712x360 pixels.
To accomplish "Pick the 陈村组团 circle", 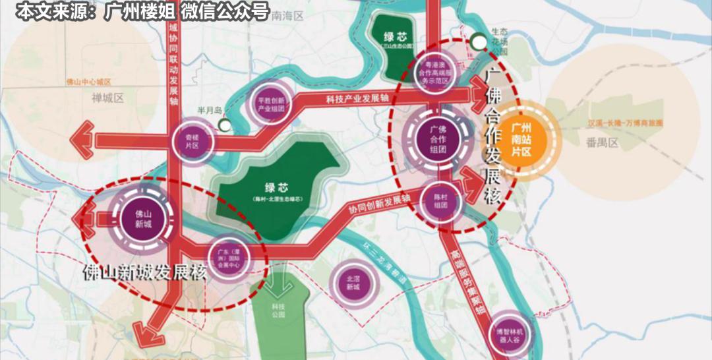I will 441,200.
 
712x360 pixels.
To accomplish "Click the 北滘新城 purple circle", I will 353,283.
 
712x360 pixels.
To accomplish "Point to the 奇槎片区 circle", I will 192,140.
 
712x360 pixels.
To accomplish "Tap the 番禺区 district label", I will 602,142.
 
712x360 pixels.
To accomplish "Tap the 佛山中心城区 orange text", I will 88,82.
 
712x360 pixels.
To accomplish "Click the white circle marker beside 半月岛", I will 225,124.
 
